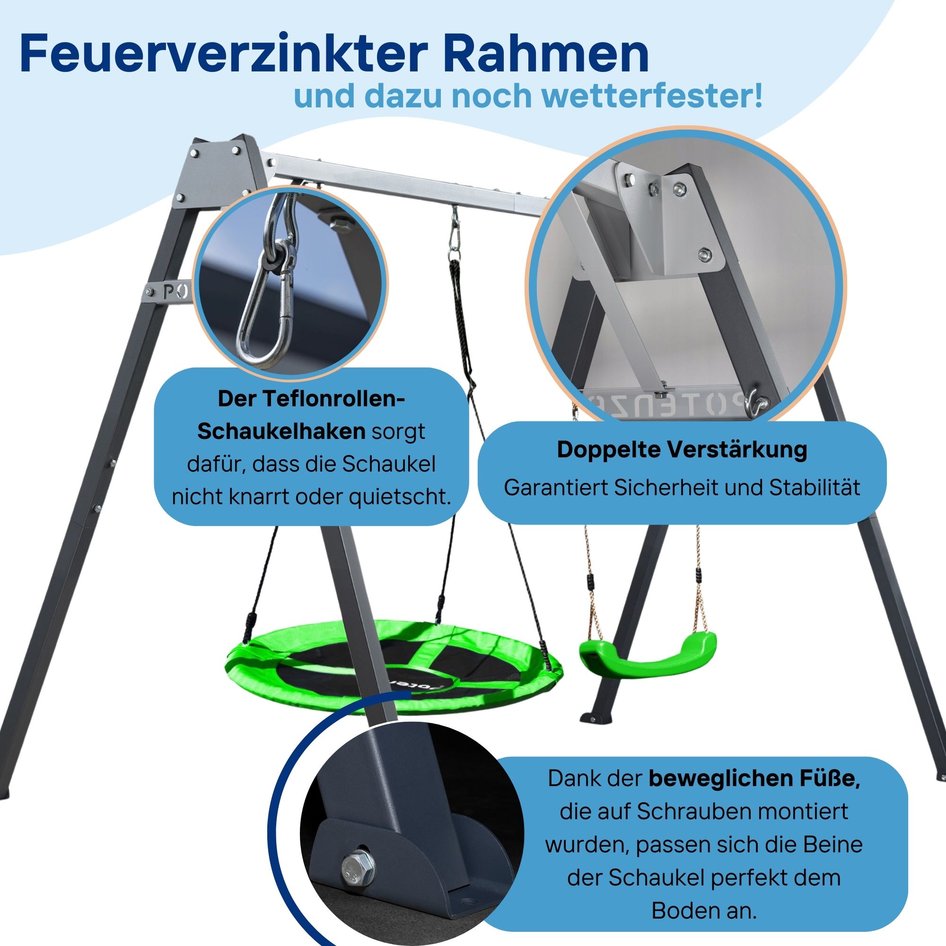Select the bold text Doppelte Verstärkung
tap(682, 450)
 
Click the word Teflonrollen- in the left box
tap(311, 399)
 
